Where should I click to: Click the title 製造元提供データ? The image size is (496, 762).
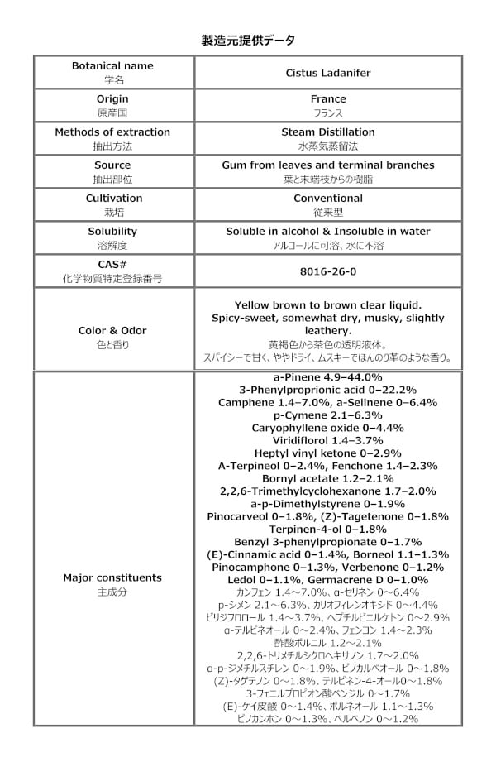click(x=248, y=40)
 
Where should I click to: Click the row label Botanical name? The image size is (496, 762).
click(x=112, y=66)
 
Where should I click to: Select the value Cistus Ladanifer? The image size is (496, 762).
click(x=327, y=73)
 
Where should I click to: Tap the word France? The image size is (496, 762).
click(x=327, y=99)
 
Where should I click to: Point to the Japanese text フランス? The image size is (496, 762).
click(x=327, y=113)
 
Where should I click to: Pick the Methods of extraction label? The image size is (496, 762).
click(x=112, y=132)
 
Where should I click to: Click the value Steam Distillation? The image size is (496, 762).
click(x=327, y=132)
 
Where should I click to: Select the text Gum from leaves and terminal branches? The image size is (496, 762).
click(x=327, y=165)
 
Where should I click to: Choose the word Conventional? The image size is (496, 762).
click(x=327, y=199)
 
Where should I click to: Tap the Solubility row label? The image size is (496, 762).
click(x=112, y=232)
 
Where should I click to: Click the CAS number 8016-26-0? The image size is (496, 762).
click(x=327, y=271)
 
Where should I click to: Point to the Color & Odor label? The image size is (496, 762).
click(x=112, y=331)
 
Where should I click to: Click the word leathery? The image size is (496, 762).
click(x=327, y=330)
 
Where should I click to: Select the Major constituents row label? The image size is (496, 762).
click(x=112, y=577)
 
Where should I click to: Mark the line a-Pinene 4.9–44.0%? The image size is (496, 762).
click(x=327, y=377)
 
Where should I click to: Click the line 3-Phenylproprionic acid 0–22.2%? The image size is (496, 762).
click(x=327, y=390)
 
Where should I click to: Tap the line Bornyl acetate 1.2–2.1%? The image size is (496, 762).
click(x=327, y=478)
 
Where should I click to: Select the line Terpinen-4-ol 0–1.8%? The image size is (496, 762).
click(x=327, y=528)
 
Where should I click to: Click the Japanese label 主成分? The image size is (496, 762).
click(x=112, y=592)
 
